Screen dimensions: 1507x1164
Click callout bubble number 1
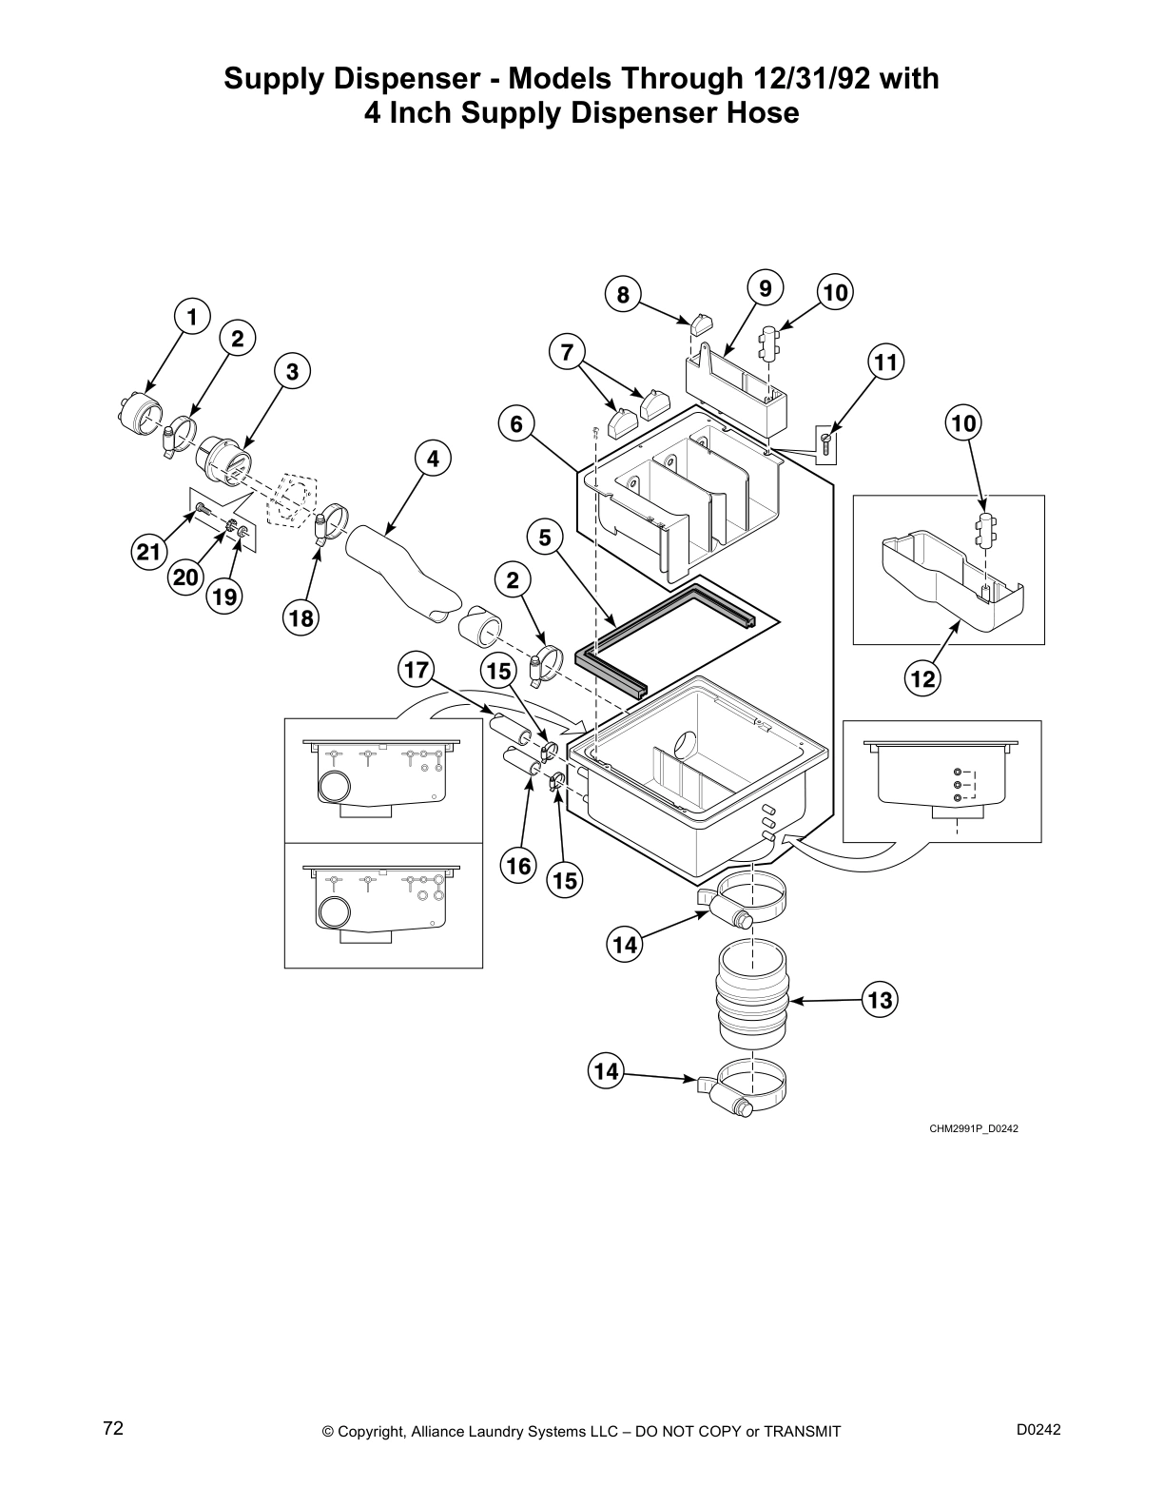pyautogui.click(x=192, y=317)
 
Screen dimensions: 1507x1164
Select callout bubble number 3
pyautogui.click(x=292, y=372)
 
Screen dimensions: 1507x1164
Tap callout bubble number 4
pyautogui.click(x=433, y=459)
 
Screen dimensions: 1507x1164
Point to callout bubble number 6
pyautogui.click(x=516, y=423)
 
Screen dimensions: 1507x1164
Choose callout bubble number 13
pyautogui.click(x=881, y=1000)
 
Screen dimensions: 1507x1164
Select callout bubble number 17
pyautogui.click(x=416, y=671)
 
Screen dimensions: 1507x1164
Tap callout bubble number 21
pyautogui.click(x=148, y=551)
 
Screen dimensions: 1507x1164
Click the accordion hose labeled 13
pyautogui.click(x=752, y=995)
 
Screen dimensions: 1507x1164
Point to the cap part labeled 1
pyautogui.click(x=145, y=416)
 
